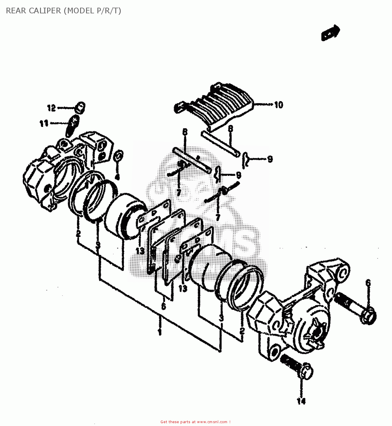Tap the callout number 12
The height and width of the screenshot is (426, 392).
click(x=51, y=108)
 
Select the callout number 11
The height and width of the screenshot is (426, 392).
click(x=44, y=123)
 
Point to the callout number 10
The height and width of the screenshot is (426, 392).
click(x=279, y=105)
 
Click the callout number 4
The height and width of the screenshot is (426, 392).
click(x=117, y=177)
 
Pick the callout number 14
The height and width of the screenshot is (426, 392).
click(x=301, y=401)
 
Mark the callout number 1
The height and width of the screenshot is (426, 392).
click(x=160, y=332)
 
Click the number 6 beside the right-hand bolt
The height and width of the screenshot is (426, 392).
click(x=368, y=283)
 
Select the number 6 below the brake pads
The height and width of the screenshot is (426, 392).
click(x=164, y=306)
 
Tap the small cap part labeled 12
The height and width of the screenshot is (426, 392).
click(x=80, y=107)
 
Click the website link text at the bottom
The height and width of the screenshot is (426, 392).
click(x=195, y=422)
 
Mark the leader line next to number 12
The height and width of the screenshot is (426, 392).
click(x=66, y=108)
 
